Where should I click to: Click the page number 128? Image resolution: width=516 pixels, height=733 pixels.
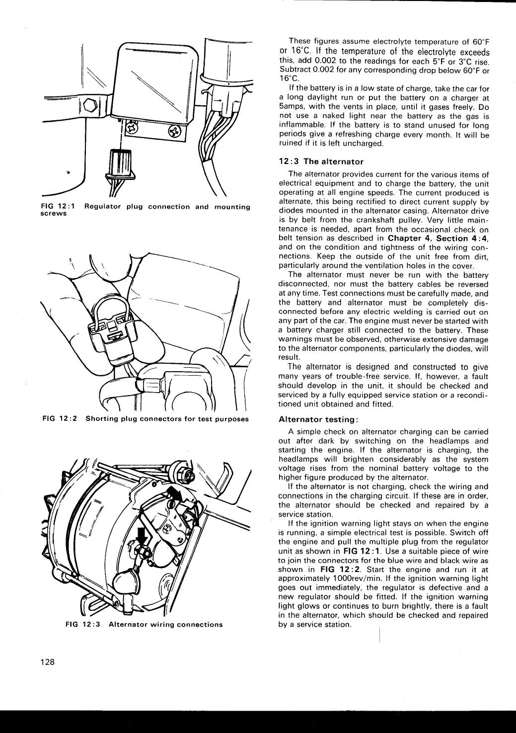tap(47, 662)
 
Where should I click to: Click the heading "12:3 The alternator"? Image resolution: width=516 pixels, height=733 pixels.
tap(321, 162)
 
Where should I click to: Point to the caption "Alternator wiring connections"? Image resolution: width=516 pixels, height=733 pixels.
tap(165, 625)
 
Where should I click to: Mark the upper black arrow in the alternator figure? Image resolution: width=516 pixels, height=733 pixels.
tap(174, 493)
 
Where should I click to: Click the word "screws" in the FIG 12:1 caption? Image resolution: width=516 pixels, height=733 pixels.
tap(53, 213)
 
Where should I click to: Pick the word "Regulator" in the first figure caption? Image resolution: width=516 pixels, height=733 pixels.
tap(102, 207)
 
